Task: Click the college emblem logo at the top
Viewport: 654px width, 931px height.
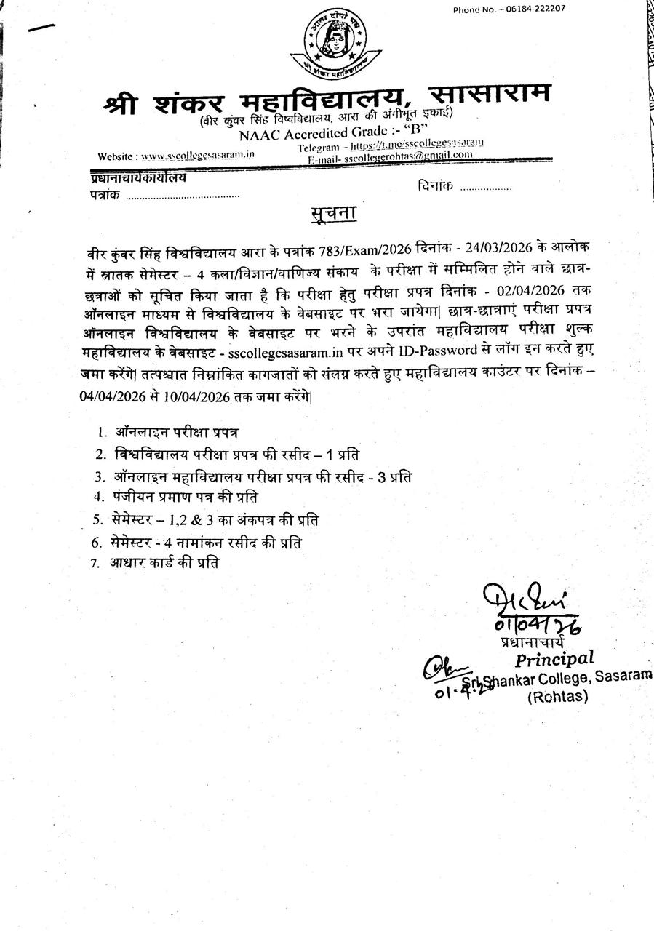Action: click(335, 45)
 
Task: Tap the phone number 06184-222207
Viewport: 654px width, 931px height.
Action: click(538, 9)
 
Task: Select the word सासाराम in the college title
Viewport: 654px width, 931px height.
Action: click(490, 95)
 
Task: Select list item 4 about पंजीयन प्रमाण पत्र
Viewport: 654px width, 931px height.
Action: click(186, 498)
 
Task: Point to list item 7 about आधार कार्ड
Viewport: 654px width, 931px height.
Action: click(164, 562)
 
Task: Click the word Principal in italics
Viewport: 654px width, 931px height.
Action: click(554, 659)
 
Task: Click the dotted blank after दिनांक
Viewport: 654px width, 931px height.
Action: click(485, 188)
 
